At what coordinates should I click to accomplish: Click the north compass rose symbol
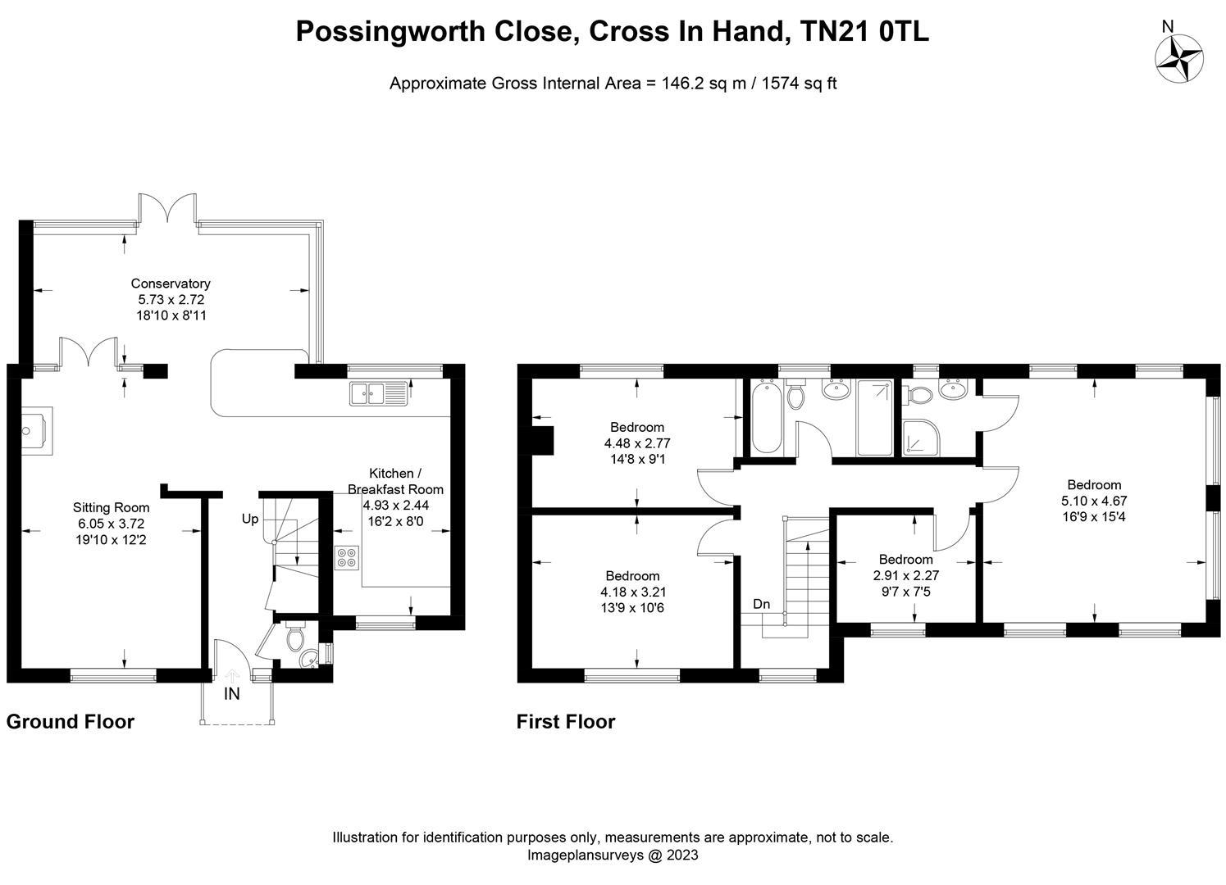click(x=1179, y=58)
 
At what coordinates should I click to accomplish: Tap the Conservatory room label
click(x=171, y=284)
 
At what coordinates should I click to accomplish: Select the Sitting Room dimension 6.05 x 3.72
click(x=111, y=524)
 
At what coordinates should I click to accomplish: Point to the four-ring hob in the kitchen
click(x=347, y=557)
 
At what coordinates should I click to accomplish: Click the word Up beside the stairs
click(x=250, y=519)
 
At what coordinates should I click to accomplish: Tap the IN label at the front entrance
click(x=232, y=694)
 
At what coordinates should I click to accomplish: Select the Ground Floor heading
click(x=70, y=721)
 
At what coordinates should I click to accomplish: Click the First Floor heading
click(x=566, y=721)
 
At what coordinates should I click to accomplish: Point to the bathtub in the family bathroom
click(x=766, y=417)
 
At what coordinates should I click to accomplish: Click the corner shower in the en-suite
click(x=921, y=438)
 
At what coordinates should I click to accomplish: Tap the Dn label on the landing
click(x=761, y=604)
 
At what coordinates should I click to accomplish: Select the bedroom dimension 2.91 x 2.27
click(x=906, y=575)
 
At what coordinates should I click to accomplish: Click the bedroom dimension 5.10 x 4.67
click(x=1094, y=501)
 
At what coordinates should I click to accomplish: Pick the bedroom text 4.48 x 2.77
click(x=637, y=443)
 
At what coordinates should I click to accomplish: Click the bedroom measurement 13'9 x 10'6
click(x=632, y=608)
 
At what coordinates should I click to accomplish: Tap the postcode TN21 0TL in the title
click(x=864, y=31)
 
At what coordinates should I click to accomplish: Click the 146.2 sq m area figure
click(x=704, y=83)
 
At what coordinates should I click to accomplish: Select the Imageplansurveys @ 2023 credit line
click(x=613, y=855)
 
